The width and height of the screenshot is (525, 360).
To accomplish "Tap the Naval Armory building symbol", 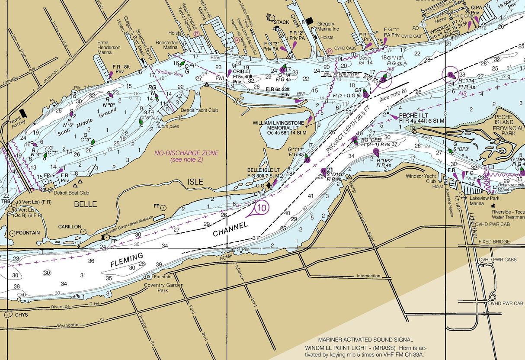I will (23, 113).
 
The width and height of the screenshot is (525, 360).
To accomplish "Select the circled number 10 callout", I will (262, 208).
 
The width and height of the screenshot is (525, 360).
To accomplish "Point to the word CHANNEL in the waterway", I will (230, 229).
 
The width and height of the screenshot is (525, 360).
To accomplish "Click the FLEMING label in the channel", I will (126, 260).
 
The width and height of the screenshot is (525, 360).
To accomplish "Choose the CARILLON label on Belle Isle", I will (70, 226).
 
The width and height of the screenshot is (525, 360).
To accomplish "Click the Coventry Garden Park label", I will (164, 288).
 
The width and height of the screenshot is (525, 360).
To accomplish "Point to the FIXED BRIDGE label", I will (494, 241).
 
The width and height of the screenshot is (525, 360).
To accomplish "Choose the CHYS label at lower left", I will (21, 315).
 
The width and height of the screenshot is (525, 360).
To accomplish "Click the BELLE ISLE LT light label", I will (263, 170).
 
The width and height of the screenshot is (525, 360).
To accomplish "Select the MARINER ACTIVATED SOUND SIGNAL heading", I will (365, 340).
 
